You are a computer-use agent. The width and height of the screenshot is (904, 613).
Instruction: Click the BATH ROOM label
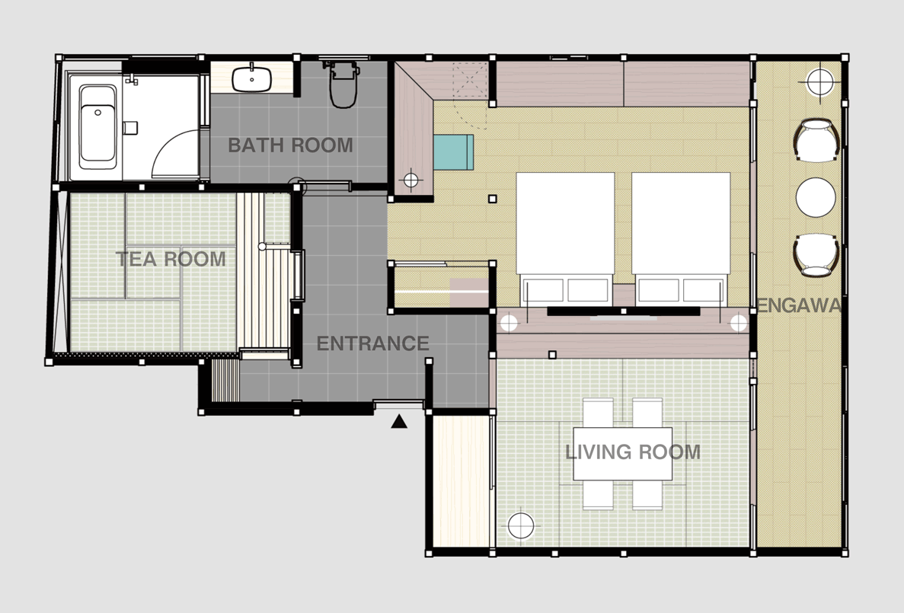point(291,145)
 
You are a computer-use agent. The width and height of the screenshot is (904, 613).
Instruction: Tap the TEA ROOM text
point(171,259)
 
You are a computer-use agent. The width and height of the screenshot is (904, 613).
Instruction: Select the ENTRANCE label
point(372,343)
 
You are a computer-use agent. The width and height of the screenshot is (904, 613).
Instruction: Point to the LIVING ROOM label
point(633,452)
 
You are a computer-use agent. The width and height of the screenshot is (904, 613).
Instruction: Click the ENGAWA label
point(799,305)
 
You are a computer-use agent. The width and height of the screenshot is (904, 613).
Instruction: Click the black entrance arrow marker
point(399,422)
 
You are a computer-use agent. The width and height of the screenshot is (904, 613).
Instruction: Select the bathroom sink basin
point(252,79)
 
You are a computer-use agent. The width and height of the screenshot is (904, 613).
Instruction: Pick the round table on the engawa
point(816,197)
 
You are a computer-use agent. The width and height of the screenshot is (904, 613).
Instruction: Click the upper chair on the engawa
point(816,141)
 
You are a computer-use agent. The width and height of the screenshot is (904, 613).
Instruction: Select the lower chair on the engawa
point(816,255)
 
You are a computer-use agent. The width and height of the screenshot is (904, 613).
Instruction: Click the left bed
point(565,238)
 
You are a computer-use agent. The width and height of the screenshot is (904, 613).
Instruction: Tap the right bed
point(681,238)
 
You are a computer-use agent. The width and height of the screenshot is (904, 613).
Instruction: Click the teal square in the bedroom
point(453,152)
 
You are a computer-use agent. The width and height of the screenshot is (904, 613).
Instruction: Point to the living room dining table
point(623,454)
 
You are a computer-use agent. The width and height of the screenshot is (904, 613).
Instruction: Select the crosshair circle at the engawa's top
point(819,82)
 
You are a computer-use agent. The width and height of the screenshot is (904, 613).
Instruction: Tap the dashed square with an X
point(470,81)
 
